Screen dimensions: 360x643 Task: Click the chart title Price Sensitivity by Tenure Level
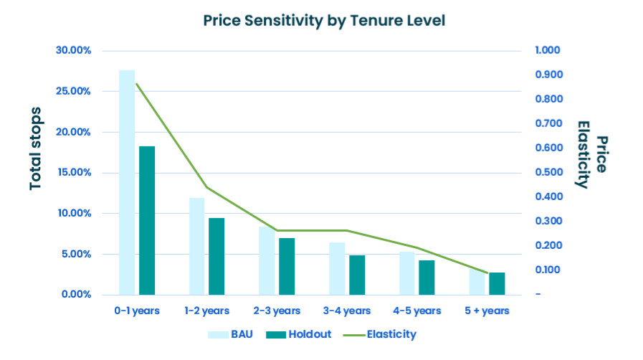(324, 20)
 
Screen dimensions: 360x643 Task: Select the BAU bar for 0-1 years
(127, 182)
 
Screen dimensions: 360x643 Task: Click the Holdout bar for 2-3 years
(287, 266)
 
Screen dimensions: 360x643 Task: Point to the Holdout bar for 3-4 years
(357, 275)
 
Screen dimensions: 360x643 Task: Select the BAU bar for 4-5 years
(407, 273)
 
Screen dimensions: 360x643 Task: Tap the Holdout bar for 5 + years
(497, 283)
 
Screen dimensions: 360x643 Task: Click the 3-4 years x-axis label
(347, 311)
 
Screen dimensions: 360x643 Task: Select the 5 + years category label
(487, 311)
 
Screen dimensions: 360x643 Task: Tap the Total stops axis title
(36, 148)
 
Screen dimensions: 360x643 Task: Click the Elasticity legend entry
(380, 334)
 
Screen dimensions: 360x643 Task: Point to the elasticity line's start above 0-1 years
(137, 84)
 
